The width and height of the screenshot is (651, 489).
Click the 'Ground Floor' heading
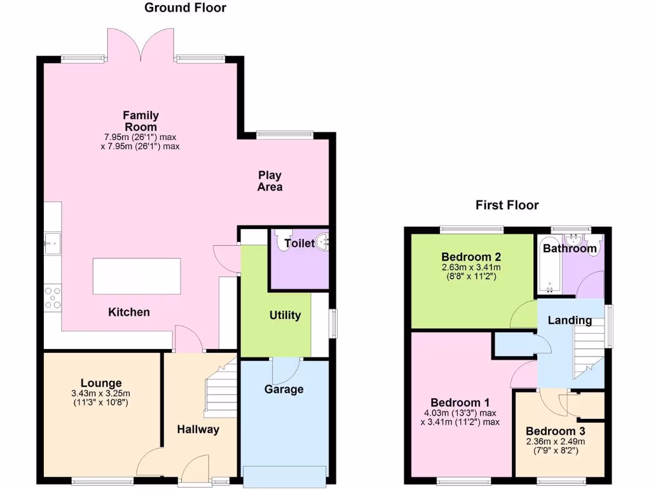tap(185, 8)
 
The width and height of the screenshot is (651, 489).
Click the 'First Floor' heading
tap(507, 205)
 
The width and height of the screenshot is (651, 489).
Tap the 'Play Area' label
tap(270, 181)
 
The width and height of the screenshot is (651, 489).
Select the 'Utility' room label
tap(285, 315)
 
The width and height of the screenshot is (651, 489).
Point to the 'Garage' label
tap(284, 389)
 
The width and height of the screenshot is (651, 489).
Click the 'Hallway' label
tap(198, 429)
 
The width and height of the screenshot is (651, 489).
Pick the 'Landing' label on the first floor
tap(571, 320)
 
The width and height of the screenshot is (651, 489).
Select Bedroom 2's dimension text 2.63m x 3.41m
tap(472, 268)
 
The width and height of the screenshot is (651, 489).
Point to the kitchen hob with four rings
tap(52, 298)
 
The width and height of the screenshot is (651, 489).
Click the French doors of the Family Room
tap(142, 46)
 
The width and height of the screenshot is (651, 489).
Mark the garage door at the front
tap(285, 474)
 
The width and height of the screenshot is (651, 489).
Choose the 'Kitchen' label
tap(129, 312)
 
